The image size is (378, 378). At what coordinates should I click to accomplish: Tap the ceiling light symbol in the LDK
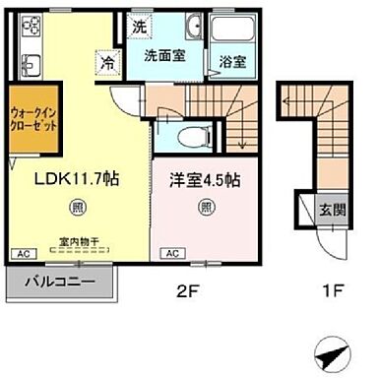click(77, 207)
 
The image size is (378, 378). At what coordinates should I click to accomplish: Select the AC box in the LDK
click(20, 253)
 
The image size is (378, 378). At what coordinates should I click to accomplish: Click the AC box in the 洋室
click(169, 254)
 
